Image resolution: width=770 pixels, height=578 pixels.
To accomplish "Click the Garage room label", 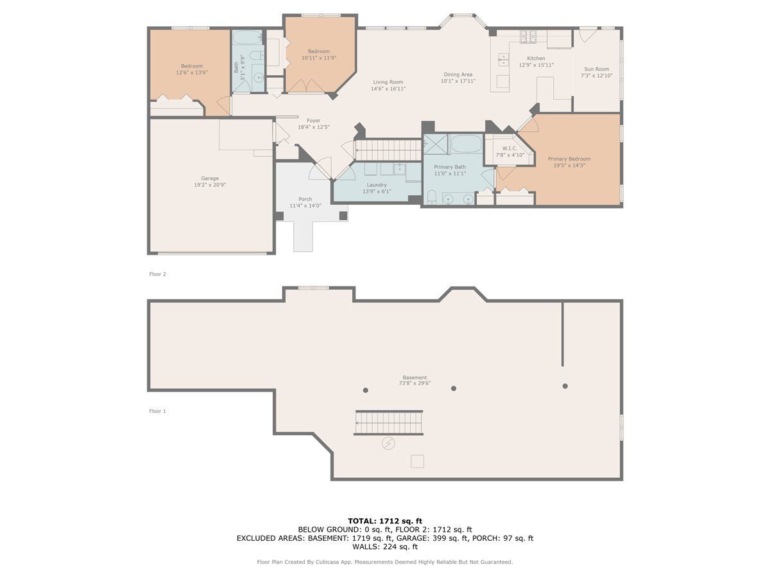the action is coord(209,179).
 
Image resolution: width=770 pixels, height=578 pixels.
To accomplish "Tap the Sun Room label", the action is coord(596,69).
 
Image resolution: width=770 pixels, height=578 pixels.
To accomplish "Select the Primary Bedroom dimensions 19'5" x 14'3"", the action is coord(569,165).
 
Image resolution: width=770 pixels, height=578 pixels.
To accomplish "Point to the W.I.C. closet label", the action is coord(509,148).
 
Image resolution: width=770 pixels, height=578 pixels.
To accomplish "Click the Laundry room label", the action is coord(377,185).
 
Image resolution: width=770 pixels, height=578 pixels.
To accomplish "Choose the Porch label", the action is coord(305,199).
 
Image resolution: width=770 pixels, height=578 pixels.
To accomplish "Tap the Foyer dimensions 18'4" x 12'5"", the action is coord(313,127).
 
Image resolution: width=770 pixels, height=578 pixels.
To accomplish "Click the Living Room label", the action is coord(388,82).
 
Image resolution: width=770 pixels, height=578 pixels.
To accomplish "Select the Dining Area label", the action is coord(458,74).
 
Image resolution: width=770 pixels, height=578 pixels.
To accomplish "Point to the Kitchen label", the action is coord(536,58).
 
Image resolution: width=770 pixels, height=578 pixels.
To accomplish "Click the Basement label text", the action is coord(415,377).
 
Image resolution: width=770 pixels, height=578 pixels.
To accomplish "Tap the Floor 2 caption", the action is coord(157,274).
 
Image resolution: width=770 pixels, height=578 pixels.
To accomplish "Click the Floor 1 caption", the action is coord(157,411).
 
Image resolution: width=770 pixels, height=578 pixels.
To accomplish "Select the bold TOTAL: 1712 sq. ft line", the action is coord(385,521).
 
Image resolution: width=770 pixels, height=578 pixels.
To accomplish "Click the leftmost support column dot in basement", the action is coord(366,390).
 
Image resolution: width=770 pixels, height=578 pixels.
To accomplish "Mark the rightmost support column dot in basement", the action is coord(565,386).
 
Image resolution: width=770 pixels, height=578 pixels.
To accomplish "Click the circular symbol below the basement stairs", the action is coord(388,444).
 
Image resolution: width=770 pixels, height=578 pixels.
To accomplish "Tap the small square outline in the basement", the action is coord(417,461).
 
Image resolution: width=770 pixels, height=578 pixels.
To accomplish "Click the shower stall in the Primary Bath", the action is coord(436,144).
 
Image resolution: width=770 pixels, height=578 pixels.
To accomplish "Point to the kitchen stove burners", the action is coord(528,36).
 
